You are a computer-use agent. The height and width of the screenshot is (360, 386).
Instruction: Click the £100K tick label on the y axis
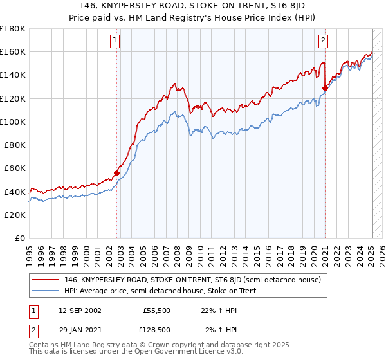[13, 122]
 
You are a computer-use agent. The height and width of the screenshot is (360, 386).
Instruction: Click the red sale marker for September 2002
[117, 172]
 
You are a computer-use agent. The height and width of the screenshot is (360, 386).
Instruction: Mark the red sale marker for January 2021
[326, 89]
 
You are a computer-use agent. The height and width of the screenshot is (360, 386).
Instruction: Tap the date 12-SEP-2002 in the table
[79, 310]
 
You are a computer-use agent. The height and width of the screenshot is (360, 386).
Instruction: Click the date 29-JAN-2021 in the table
[79, 330]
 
